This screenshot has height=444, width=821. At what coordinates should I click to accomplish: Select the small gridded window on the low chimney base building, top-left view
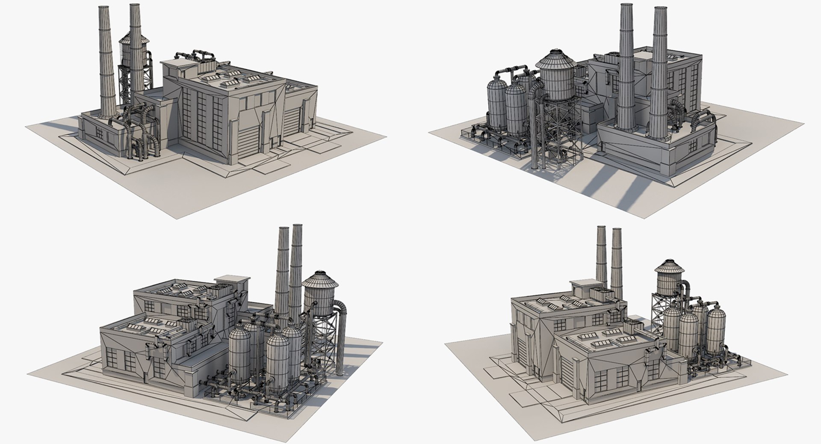pyautogui.click(x=99, y=133)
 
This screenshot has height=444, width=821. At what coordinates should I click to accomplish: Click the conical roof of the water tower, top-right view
pyautogui.click(x=556, y=60)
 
